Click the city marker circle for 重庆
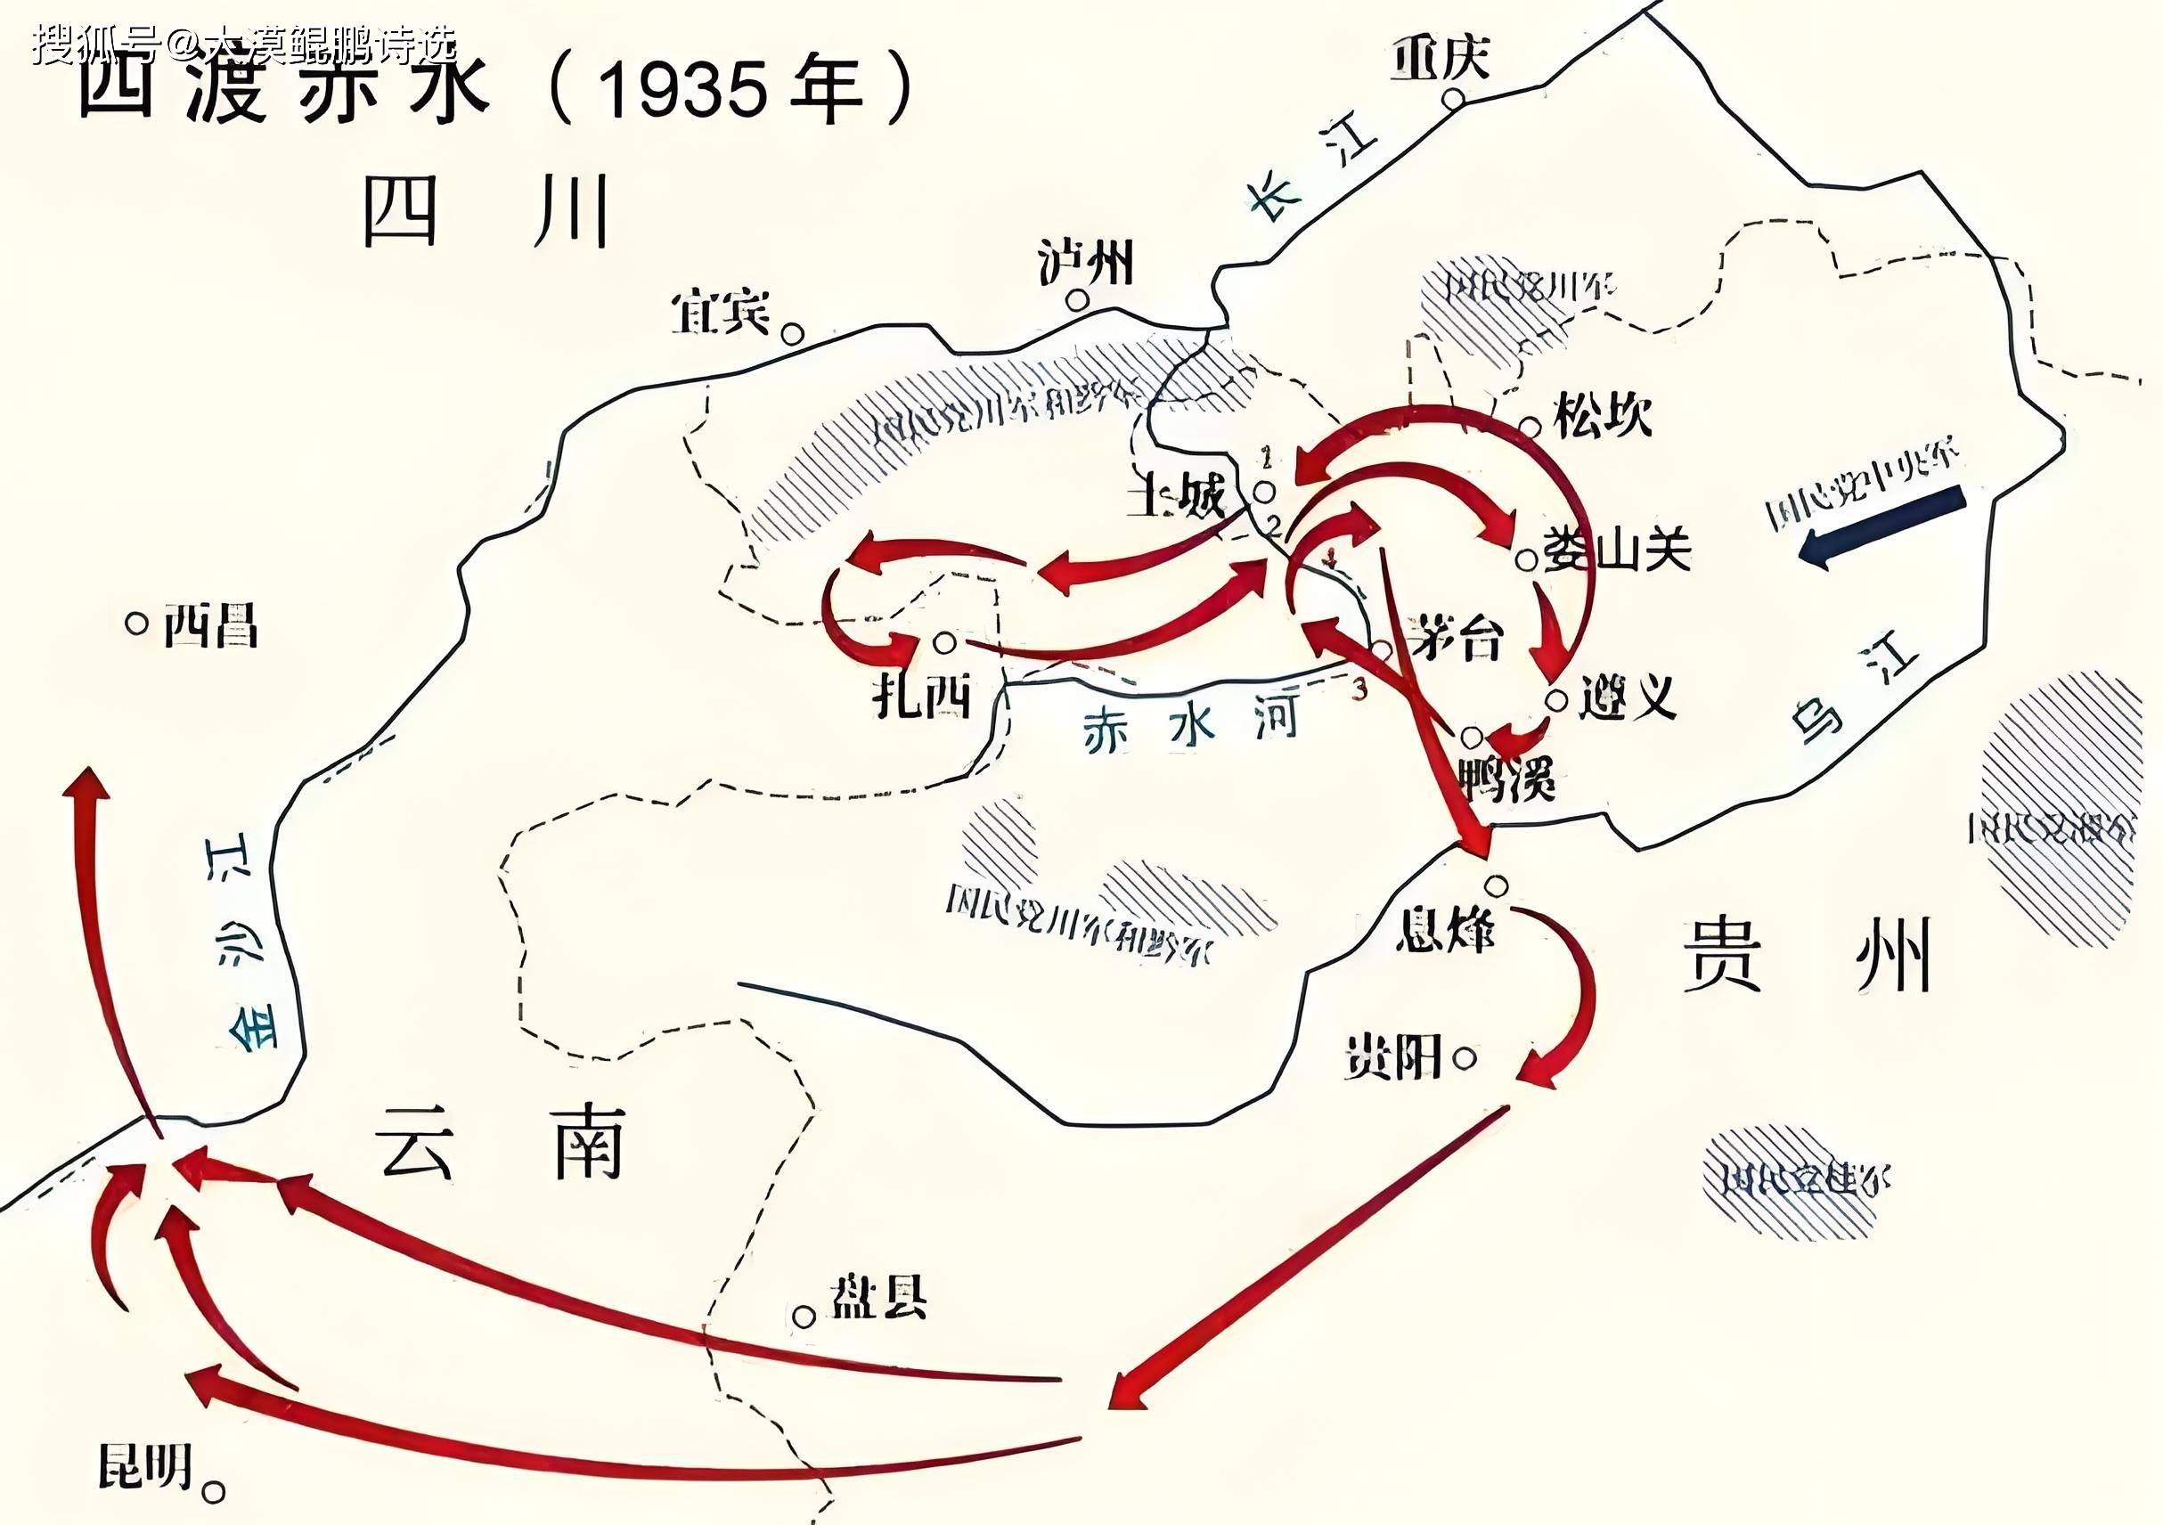[x=1455, y=99]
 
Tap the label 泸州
[x=1085, y=261]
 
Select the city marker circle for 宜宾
[x=793, y=333]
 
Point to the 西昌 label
[x=210, y=624]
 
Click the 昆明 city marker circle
[x=215, y=1491]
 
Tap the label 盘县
[x=877, y=1298]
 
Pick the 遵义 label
[x=1627, y=697]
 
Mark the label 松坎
[x=1603, y=415]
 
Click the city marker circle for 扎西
[x=945, y=642]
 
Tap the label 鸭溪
[x=1506, y=778]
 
